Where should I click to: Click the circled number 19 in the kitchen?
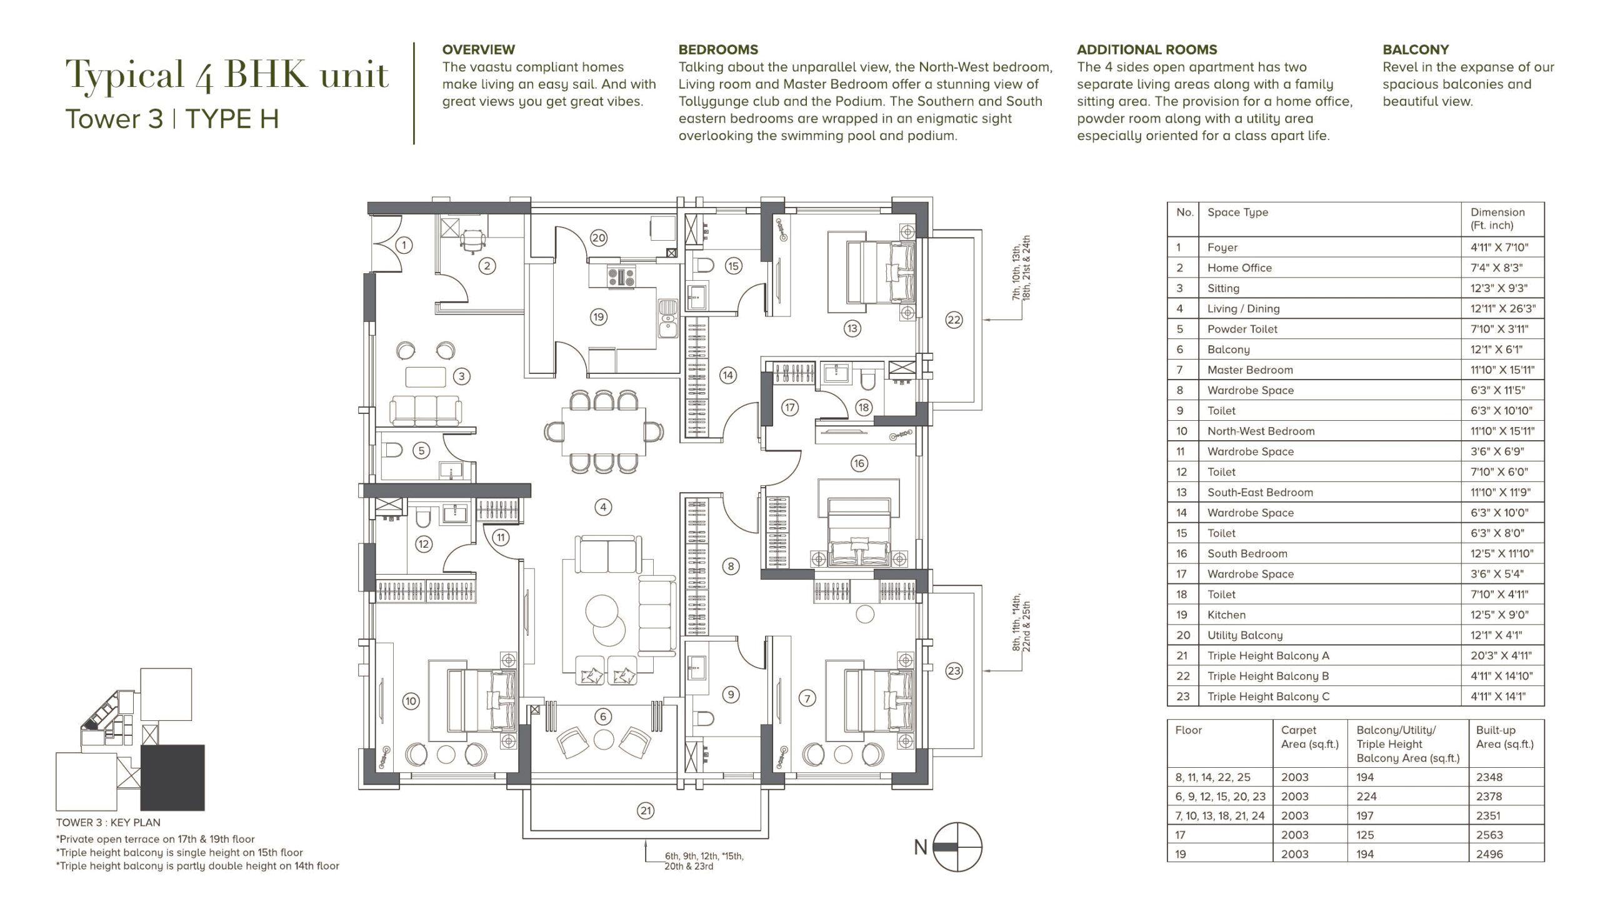pos(598,317)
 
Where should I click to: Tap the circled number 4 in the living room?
pos(602,507)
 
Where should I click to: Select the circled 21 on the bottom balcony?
pos(645,811)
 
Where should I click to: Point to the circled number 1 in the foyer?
pos(404,245)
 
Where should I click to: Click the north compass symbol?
pos(957,847)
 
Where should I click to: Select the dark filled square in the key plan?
pos(172,778)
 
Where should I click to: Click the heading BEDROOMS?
pos(718,49)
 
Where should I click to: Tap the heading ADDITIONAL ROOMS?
pos(1147,49)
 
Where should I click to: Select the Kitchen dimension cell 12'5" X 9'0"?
pos(1497,615)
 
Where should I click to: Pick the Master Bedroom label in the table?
pos(1250,370)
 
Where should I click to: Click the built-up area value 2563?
pos(1489,835)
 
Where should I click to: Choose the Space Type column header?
pos(1237,212)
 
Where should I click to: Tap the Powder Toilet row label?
pos(1242,329)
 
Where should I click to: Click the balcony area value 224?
pos(1365,797)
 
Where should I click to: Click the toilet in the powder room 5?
pos(392,450)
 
